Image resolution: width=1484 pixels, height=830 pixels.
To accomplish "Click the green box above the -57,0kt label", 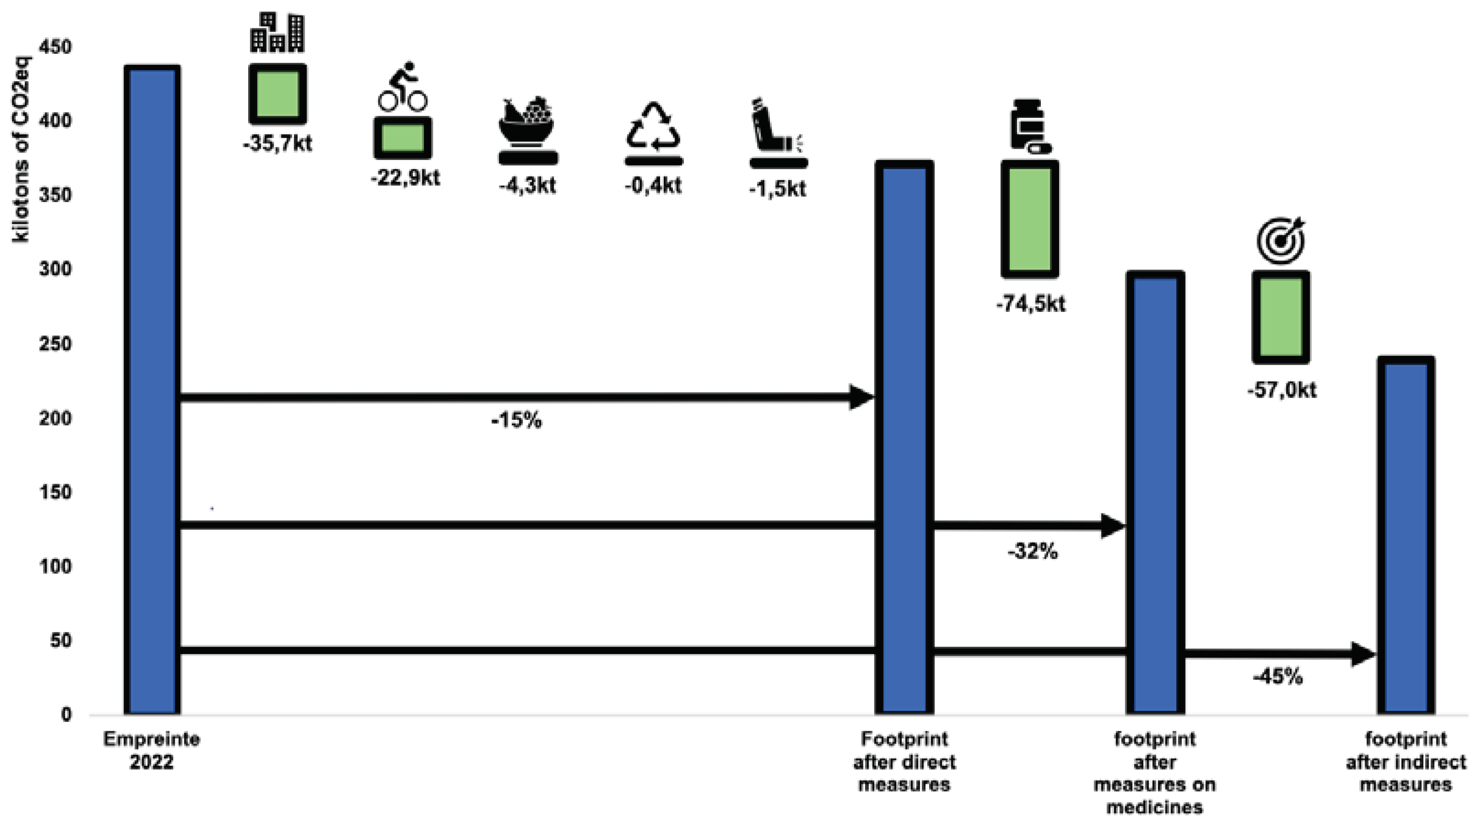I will [x=1281, y=317].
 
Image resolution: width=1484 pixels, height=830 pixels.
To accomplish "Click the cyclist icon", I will [x=403, y=87].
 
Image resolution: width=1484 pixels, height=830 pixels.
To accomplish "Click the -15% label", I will [x=516, y=421].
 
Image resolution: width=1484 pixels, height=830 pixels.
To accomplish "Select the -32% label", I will [x=1032, y=552].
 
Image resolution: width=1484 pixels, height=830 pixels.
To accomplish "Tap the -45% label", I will [x=1278, y=676].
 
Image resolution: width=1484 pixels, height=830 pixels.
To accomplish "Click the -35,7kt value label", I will [x=277, y=143].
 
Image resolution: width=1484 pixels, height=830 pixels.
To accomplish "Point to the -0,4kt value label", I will [x=653, y=185].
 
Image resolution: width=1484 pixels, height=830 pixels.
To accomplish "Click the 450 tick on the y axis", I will [x=55, y=47].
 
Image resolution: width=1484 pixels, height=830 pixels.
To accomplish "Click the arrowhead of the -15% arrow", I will [x=862, y=398].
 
